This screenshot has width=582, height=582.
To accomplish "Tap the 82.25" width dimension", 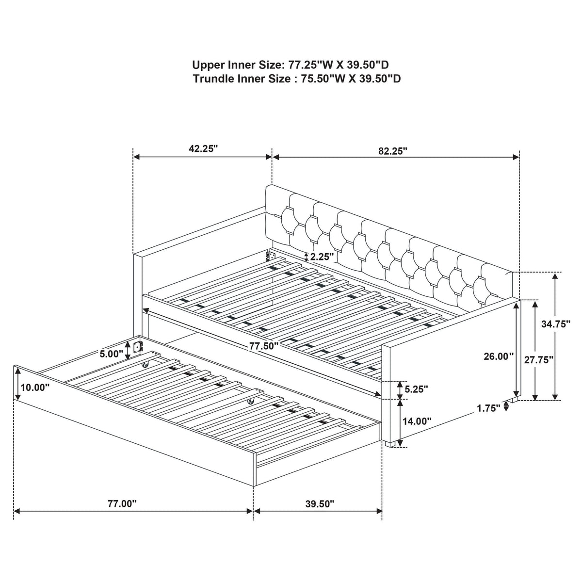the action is pyautogui.click(x=393, y=151).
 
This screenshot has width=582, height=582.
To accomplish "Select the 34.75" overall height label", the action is pyautogui.click(x=555, y=324).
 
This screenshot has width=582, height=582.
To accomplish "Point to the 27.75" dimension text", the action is pyautogui.click(x=538, y=360).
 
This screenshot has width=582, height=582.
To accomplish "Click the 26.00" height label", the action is pyautogui.click(x=499, y=356).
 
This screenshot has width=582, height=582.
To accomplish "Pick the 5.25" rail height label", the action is pyautogui.click(x=416, y=389).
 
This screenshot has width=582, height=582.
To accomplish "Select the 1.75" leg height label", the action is pyautogui.click(x=488, y=408).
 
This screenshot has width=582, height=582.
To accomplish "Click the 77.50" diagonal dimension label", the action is pyautogui.click(x=263, y=346).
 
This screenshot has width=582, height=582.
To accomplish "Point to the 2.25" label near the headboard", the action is pyautogui.click(x=322, y=257).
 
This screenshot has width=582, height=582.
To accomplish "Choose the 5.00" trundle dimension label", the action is pyautogui.click(x=111, y=354).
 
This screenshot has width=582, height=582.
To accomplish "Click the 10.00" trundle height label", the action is pyautogui.click(x=35, y=387).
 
